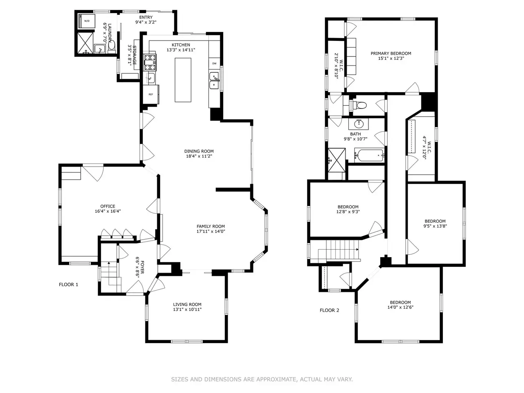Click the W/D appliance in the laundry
(87, 21)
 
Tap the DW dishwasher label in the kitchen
(214, 63)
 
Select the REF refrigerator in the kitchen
(151, 94)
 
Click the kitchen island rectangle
(183, 80)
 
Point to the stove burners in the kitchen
(150, 63)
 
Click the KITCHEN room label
(181, 45)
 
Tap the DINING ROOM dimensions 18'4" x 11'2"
(199, 156)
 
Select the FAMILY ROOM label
(210, 226)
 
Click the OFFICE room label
(108, 206)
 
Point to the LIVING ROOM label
(187, 304)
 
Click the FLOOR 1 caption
(68, 285)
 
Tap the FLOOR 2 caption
(330, 310)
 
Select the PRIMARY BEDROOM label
(391, 54)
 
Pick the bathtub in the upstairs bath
(369, 155)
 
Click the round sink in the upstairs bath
(358, 124)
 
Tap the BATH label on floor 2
(355, 134)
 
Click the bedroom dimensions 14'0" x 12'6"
(400, 307)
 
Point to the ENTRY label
(146, 17)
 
